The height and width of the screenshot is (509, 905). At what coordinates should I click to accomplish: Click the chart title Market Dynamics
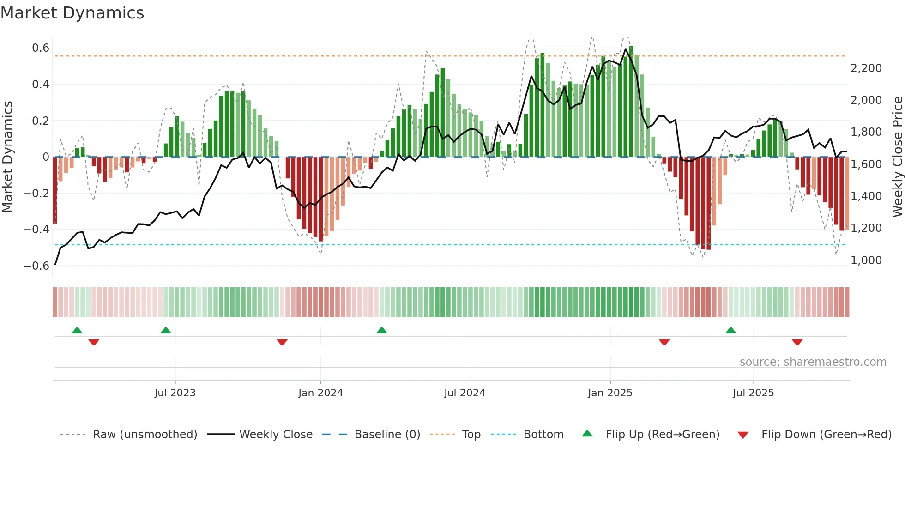[72, 13]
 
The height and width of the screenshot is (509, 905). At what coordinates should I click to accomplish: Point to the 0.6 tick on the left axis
[41, 48]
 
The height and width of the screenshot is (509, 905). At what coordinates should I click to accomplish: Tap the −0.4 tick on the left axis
[36, 230]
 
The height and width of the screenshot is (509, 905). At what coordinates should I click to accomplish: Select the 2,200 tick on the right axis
[866, 68]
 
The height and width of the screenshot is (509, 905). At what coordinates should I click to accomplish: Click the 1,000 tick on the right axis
[866, 261]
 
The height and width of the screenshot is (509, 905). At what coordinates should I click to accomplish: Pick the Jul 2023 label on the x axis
[175, 393]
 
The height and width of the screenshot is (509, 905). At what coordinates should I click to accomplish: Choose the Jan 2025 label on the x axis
[610, 393]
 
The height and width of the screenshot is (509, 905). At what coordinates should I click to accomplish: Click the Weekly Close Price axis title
[897, 157]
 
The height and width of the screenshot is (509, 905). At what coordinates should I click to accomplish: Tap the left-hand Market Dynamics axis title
[7, 157]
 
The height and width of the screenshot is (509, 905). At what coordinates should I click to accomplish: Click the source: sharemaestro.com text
[813, 362]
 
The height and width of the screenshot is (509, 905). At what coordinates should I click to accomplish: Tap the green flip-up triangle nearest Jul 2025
[730, 331]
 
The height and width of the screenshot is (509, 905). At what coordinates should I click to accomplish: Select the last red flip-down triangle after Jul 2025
[797, 342]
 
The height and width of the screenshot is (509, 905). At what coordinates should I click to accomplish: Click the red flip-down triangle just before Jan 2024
[282, 342]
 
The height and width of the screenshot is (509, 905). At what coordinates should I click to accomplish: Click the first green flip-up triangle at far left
[77, 331]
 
